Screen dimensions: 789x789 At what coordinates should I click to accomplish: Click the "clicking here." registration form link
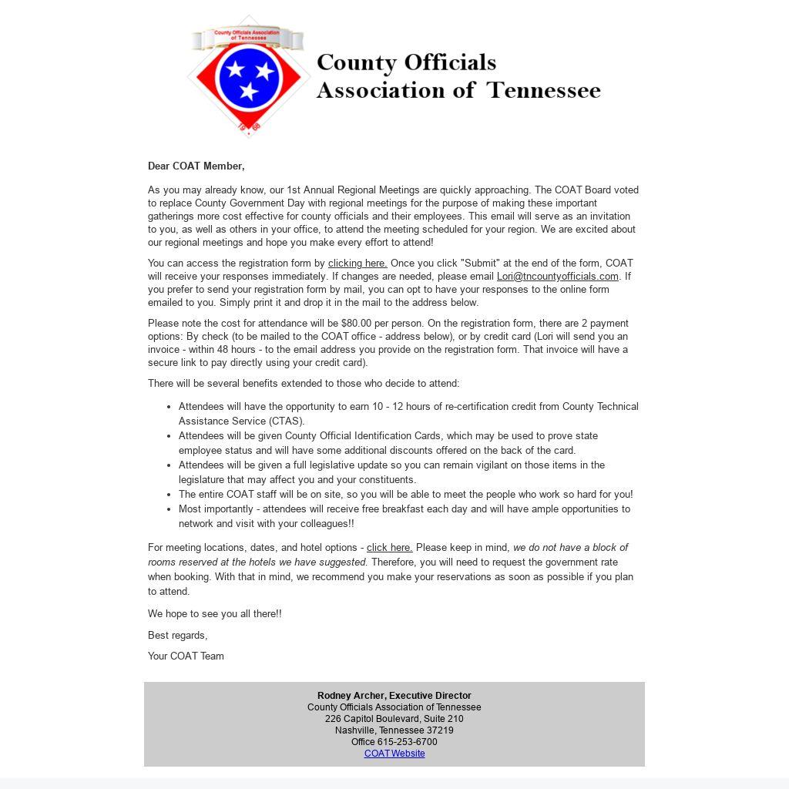(358, 264)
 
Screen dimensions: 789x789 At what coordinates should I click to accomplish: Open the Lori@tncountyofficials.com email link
(557, 277)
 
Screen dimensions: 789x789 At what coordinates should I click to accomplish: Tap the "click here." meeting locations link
(389, 548)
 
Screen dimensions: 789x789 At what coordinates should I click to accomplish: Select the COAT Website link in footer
(394, 754)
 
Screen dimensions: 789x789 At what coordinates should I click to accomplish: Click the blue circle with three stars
(249, 76)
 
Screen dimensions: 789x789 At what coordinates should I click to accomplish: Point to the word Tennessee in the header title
(543, 90)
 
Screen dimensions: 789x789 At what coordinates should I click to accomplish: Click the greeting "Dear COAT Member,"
(196, 166)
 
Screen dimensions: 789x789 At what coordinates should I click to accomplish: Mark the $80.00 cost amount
(356, 324)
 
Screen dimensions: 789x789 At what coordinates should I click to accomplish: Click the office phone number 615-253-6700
(407, 742)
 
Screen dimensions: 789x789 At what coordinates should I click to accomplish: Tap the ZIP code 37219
(440, 730)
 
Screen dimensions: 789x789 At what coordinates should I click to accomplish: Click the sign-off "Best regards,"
(178, 636)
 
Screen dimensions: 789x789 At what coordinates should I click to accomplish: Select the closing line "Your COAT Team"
(186, 656)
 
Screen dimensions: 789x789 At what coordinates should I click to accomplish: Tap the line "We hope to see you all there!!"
(215, 614)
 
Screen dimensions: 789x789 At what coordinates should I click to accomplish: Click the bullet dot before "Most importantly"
(169, 509)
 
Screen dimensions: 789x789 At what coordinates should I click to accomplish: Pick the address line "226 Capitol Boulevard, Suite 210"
(394, 719)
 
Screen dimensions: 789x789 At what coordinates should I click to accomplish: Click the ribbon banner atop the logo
(248, 36)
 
